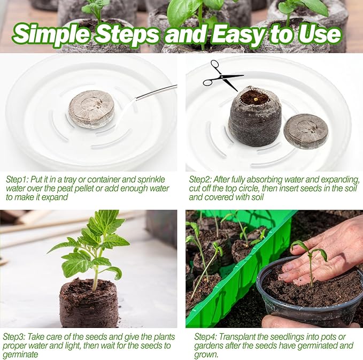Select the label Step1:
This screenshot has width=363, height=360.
(x=18, y=180)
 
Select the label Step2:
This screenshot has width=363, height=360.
(x=202, y=180)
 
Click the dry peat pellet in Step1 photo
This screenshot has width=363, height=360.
(x=91, y=109)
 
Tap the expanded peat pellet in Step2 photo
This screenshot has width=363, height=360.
(x=254, y=116)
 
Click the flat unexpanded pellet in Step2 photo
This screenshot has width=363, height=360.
(x=306, y=131)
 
